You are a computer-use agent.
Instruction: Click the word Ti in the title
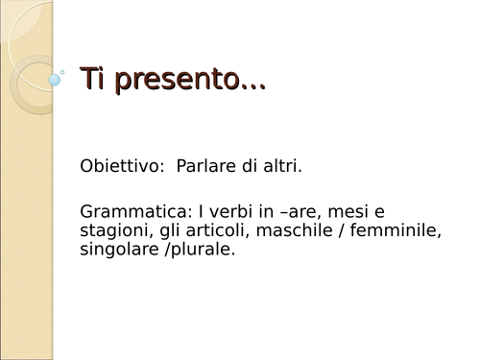point(92,79)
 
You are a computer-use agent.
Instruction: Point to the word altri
point(281,167)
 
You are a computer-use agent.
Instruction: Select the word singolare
point(119,250)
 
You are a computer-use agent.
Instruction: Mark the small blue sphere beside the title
point(55,81)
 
